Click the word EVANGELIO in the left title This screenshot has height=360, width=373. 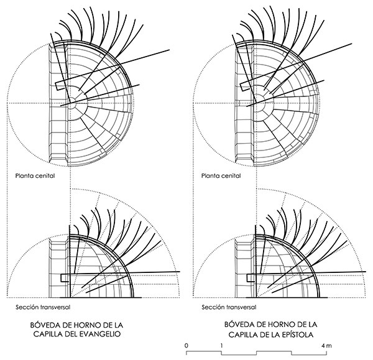(99, 334)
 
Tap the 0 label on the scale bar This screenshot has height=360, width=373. (186, 346)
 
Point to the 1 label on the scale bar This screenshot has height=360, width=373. (221, 346)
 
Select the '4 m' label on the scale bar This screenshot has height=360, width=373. (326, 346)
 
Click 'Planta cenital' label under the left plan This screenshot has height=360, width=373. (35, 175)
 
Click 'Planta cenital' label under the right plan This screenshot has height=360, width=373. (221, 175)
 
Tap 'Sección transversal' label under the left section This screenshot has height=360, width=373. (43, 307)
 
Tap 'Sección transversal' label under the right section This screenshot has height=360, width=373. (229, 307)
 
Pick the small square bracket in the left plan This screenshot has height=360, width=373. (60, 86)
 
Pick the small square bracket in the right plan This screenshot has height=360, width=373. (244, 86)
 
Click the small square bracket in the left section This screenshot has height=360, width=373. (65, 278)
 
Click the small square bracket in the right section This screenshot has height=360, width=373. (251, 278)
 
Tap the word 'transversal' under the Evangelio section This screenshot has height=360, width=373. (56, 307)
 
